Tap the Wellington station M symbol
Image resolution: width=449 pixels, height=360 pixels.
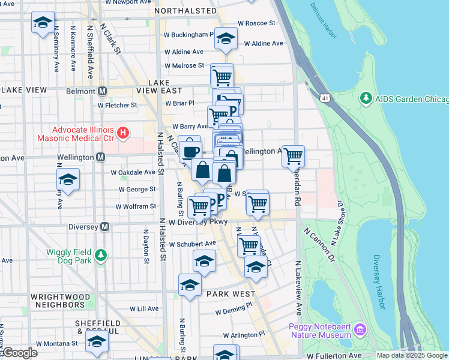[x=100, y=157]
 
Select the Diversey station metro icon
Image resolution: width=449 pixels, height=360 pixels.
[x=104, y=227]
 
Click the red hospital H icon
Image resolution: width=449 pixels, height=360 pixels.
[x=123, y=132]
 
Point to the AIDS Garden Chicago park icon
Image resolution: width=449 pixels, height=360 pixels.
[x=366, y=98]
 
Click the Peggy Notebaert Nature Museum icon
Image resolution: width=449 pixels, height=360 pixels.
[x=360, y=329]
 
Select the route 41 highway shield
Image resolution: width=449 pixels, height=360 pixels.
[x=325, y=97]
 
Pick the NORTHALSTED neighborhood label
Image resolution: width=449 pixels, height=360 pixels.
[x=185, y=11]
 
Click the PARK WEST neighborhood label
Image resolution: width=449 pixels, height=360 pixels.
[x=231, y=295]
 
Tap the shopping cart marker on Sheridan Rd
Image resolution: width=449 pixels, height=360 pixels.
[x=293, y=156]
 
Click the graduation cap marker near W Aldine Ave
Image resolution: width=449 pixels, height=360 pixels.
[x=226, y=39]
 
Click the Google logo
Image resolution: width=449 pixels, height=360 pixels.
[x=19, y=353]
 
